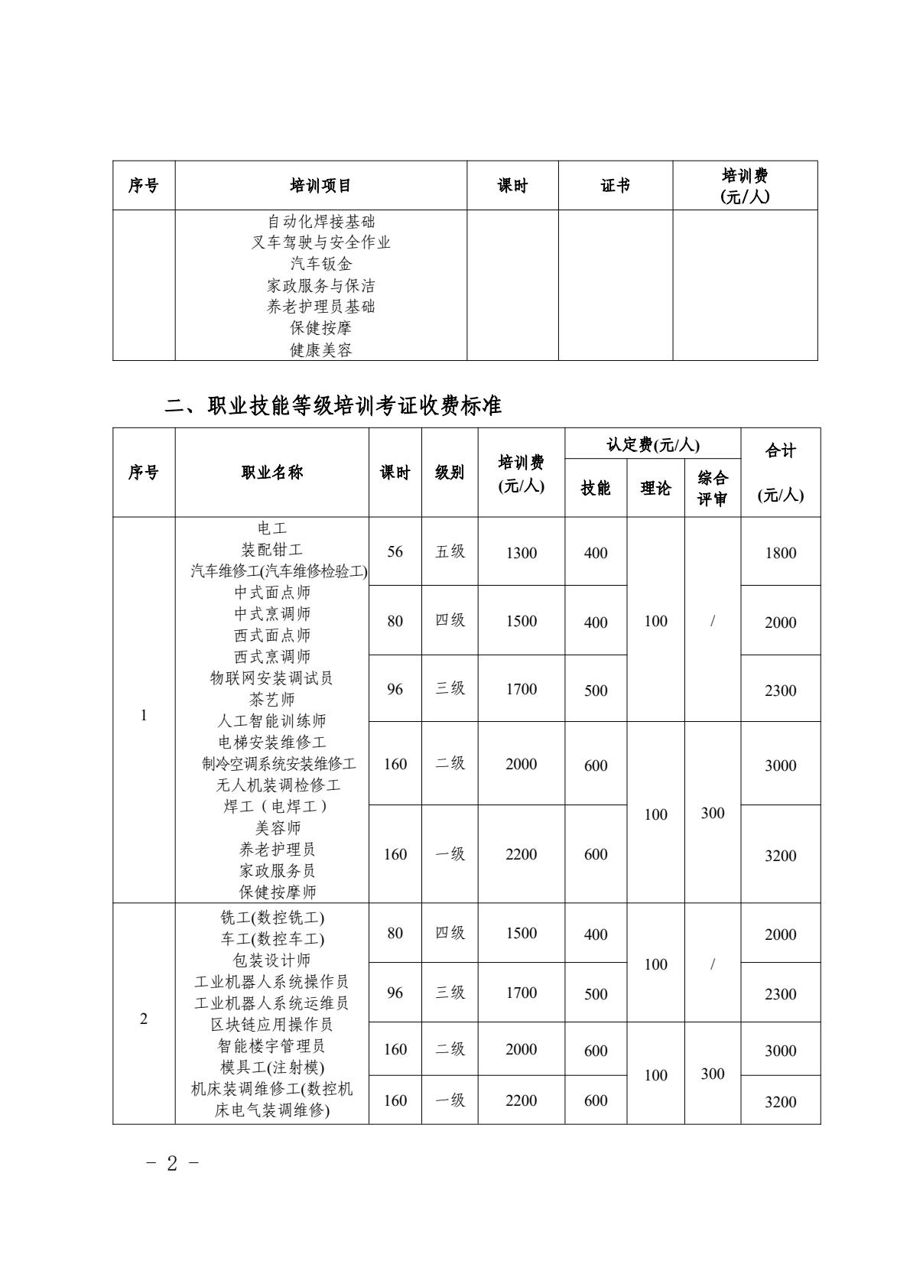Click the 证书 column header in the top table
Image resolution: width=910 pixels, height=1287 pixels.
pyautogui.click(x=615, y=186)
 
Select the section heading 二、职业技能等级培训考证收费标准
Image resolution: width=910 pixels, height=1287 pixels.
pyautogui.click(x=333, y=405)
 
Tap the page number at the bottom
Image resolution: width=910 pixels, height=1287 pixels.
pyautogui.click(x=172, y=1163)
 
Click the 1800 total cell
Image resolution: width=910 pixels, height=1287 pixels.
pyautogui.click(x=780, y=553)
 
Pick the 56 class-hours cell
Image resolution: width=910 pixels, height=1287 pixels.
pyautogui.click(x=395, y=551)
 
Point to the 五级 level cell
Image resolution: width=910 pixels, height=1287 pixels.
pyautogui.click(x=450, y=551)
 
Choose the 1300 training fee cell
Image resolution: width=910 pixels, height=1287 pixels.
pyautogui.click(x=521, y=553)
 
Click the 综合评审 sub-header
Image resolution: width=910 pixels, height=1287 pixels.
pyautogui.click(x=712, y=489)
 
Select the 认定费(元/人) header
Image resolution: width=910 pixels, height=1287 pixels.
pyautogui.click(x=652, y=444)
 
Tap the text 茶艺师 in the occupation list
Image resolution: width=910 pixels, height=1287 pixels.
pyautogui.click(x=271, y=699)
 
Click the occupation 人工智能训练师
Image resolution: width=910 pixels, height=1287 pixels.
pyautogui.click(x=271, y=720)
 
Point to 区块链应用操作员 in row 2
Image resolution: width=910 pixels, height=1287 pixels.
pyautogui.click(x=271, y=1024)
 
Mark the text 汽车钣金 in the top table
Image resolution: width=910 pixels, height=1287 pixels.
pyautogui.click(x=321, y=264)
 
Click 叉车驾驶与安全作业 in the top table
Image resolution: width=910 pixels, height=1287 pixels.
pyautogui.click(x=321, y=242)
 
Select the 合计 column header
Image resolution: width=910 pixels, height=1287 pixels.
pyautogui.click(x=780, y=451)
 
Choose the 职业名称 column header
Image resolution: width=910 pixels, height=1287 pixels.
pyautogui.click(x=271, y=473)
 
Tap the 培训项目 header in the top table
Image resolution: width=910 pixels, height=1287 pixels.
pyautogui.click(x=320, y=186)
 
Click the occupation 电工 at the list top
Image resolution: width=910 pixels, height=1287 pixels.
pyautogui.click(x=271, y=528)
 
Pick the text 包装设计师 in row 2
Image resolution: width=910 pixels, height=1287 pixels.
pyautogui.click(x=271, y=960)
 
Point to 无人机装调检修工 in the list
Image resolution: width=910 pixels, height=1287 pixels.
pyautogui.click(x=278, y=785)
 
